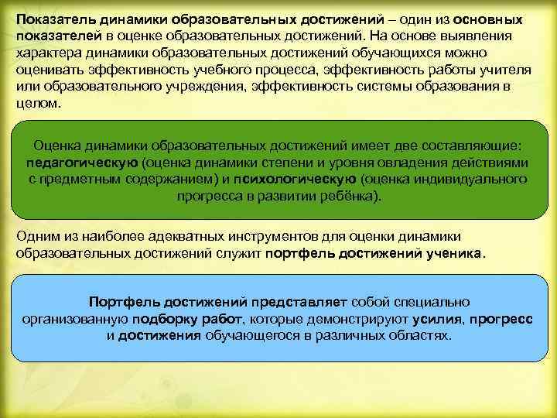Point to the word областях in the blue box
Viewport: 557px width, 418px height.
(x=418, y=336)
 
